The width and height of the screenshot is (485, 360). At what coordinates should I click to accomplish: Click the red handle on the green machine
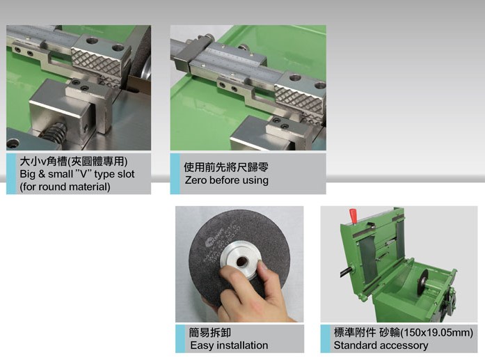click(x=353, y=215)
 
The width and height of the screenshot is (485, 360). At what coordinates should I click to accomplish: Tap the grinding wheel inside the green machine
click(x=422, y=282)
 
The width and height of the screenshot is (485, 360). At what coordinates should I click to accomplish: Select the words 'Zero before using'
click(x=226, y=180)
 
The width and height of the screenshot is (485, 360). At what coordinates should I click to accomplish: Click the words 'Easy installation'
click(x=229, y=345)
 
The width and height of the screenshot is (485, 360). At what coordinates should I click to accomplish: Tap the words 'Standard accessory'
click(x=381, y=345)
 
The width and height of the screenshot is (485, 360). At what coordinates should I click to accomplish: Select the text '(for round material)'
click(x=65, y=187)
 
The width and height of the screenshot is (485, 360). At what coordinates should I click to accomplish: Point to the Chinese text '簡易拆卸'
click(x=210, y=333)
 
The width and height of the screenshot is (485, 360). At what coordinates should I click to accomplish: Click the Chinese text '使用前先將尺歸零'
click(x=226, y=167)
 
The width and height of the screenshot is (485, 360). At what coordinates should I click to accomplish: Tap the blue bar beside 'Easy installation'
click(x=180, y=338)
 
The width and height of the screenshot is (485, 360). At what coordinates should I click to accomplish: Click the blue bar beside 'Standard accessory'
click(x=325, y=338)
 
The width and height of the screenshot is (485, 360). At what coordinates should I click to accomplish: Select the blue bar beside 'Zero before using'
click(x=175, y=174)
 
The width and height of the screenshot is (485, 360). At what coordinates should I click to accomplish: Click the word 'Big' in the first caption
click(x=28, y=174)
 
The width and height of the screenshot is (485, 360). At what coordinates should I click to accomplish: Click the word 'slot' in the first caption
click(x=125, y=174)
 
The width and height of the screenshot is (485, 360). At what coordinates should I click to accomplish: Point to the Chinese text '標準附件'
click(x=355, y=333)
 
